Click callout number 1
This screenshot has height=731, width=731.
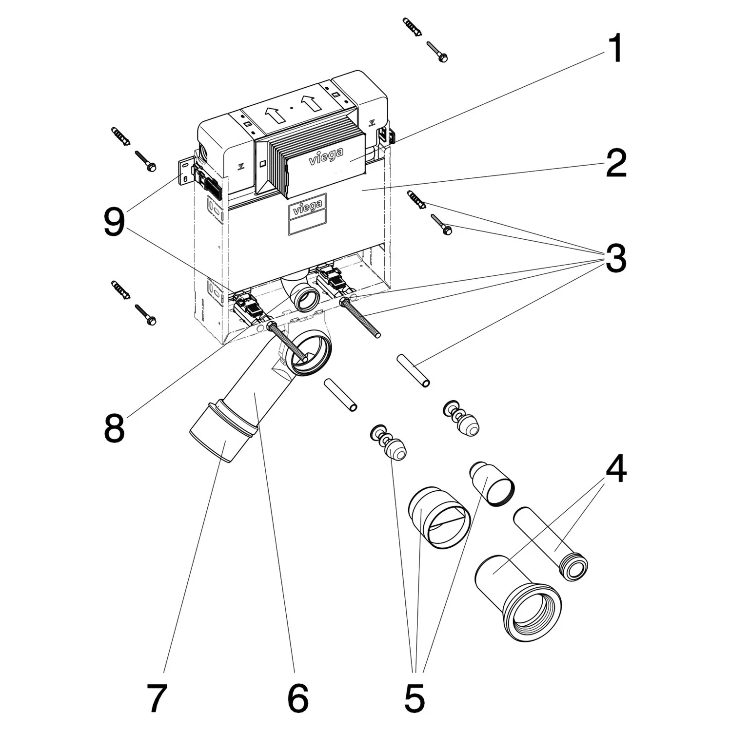point(615,49)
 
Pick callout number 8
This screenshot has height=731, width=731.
point(114,427)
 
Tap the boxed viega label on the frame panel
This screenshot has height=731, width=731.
point(307,208)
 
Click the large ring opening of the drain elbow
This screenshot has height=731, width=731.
point(310,354)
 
